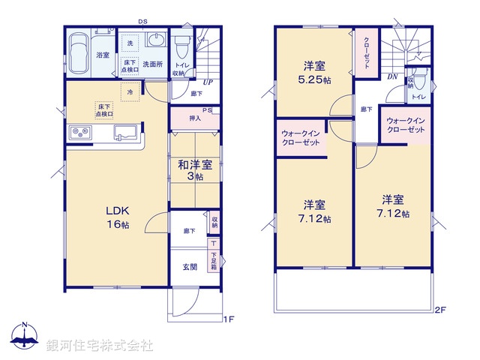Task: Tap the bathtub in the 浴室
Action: [x=79, y=53]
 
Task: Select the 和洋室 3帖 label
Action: [x=195, y=170]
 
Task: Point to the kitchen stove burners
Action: [x=80, y=133]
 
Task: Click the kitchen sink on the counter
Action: [x=124, y=133]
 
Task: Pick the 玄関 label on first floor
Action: [x=190, y=267]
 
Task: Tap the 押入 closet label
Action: [x=194, y=118]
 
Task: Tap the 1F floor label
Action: [x=229, y=319]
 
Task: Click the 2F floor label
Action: [x=440, y=309]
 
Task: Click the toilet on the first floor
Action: [x=181, y=48]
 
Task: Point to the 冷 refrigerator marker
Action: [x=130, y=91]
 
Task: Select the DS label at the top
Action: [x=142, y=22]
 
